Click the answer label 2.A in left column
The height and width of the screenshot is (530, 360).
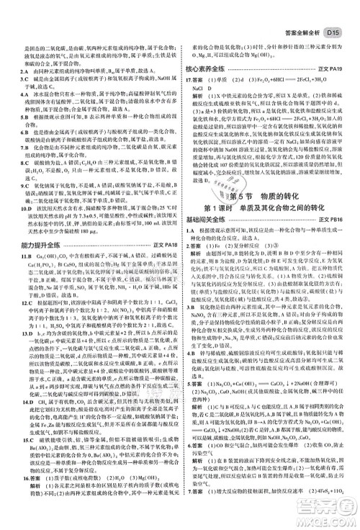point(11,67)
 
